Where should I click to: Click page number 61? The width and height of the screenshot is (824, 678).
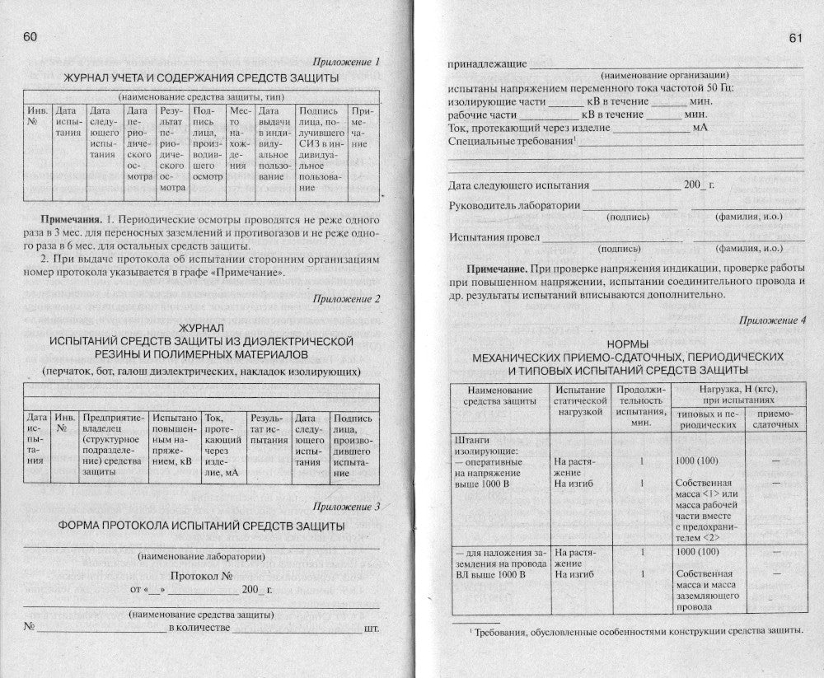click(x=795, y=38)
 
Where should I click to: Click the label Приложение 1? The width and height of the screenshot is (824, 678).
click(x=346, y=62)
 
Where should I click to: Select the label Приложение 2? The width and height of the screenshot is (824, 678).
click(x=346, y=298)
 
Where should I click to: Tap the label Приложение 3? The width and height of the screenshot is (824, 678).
click(x=346, y=507)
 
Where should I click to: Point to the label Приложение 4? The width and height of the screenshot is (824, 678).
click(x=772, y=320)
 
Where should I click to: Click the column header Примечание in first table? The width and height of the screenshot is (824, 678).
click(x=362, y=127)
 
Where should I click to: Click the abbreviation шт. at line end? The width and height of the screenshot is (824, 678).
click(x=371, y=628)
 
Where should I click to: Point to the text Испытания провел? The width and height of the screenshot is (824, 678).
click(x=494, y=237)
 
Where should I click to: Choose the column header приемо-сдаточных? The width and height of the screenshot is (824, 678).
click(x=775, y=418)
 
